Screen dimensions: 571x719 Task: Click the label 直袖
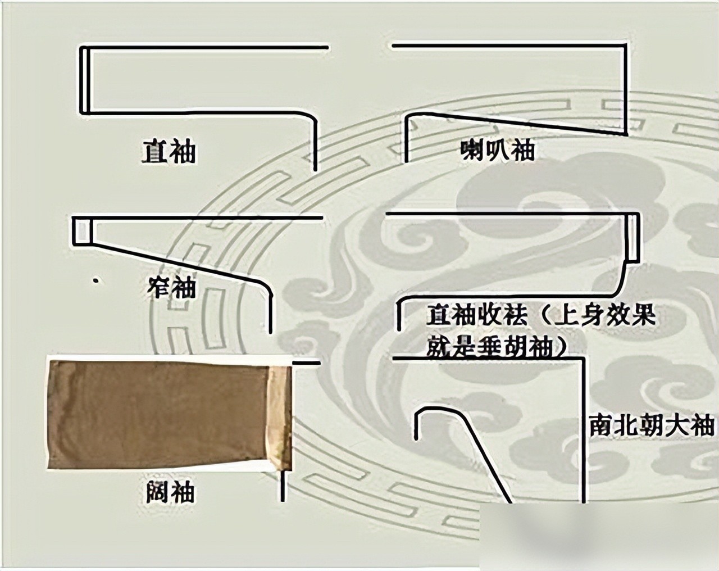(x=169, y=152)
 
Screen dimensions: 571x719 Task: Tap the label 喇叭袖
(x=498, y=150)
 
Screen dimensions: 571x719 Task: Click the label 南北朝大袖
(x=652, y=425)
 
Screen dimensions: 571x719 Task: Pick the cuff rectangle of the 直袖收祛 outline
(x=634, y=237)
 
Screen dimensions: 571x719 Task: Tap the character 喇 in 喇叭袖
(x=472, y=150)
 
